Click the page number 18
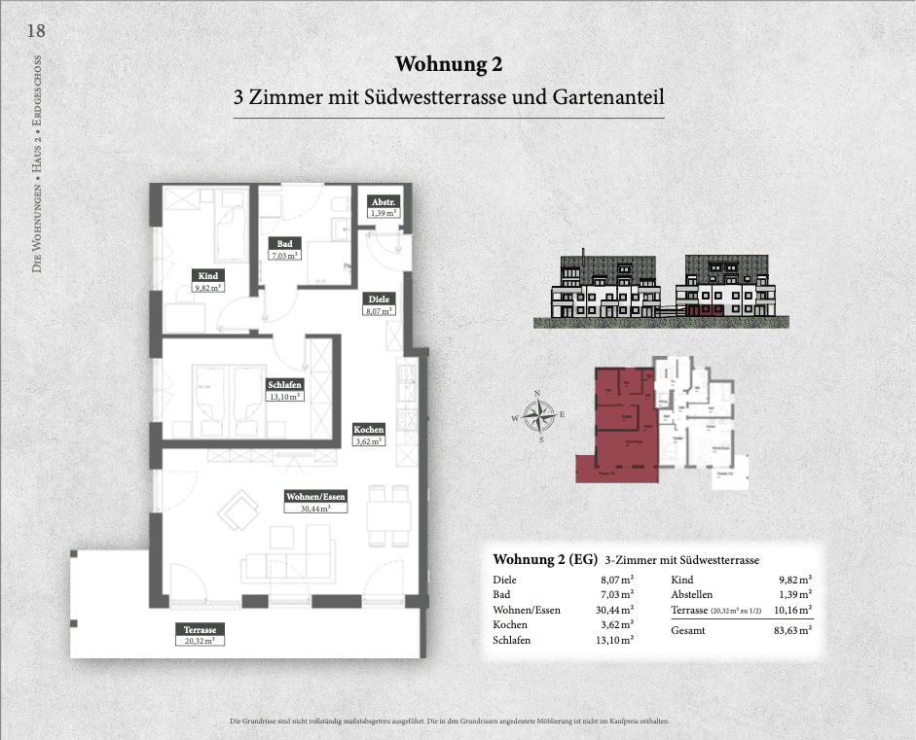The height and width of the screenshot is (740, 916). pos(35,30)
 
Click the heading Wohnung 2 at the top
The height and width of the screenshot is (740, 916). pos(449,64)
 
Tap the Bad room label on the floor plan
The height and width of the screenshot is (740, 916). pos(285,244)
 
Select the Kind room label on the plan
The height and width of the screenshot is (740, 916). pos(206,275)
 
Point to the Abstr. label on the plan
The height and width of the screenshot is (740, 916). pos(382,201)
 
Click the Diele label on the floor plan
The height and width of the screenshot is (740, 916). pos(379,300)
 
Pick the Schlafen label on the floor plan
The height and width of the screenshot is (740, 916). pos(286,385)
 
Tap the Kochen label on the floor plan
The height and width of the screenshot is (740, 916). pos(369,430)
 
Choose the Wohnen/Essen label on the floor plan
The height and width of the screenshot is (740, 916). pos(315,495)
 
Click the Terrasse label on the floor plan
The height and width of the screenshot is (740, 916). pos(199,629)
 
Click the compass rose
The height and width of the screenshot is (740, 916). pos(537,415)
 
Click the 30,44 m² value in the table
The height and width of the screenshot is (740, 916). pos(615,610)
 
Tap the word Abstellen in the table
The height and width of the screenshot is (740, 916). pos(692,594)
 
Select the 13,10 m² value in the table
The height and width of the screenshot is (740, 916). pos(615,640)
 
